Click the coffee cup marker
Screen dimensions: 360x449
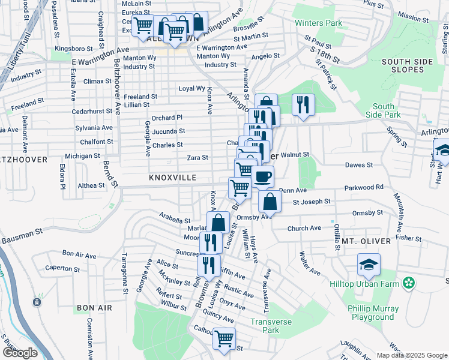coord(262,177)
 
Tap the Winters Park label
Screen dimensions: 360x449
coord(318,24)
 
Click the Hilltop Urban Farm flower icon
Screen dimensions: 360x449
coord(409,282)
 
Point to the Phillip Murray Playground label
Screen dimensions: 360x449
coord(374,313)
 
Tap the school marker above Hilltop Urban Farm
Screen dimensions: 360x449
coord(369,264)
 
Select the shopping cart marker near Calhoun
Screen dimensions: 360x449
coord(224,338)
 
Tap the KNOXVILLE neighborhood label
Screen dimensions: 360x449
coord(173,178)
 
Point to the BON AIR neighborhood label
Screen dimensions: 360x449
coord(94,308)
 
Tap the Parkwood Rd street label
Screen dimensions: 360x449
coord(364,187)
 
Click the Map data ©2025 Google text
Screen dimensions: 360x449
coord(411,355)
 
